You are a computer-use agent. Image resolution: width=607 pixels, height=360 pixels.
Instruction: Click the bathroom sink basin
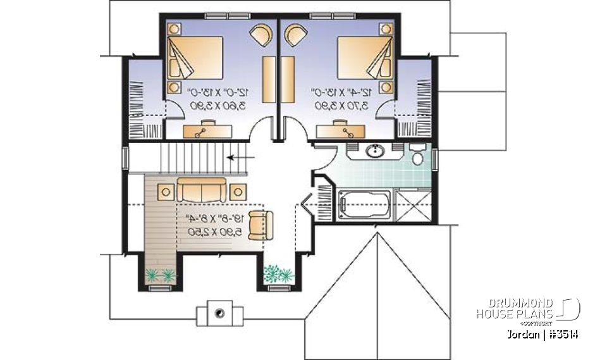tap(376, 151)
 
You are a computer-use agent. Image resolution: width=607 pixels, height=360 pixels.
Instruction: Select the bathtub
tap(363, 204)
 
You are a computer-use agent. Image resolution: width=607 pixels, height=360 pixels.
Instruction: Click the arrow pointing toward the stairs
tap(241, 157)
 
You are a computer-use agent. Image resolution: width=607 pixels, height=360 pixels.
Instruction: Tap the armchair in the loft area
tap(261, 223)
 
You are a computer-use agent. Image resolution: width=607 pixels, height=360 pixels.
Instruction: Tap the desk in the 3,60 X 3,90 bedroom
tap(207, 130)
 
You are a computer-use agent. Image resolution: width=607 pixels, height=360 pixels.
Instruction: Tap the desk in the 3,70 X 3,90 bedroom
tap(340, 130)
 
